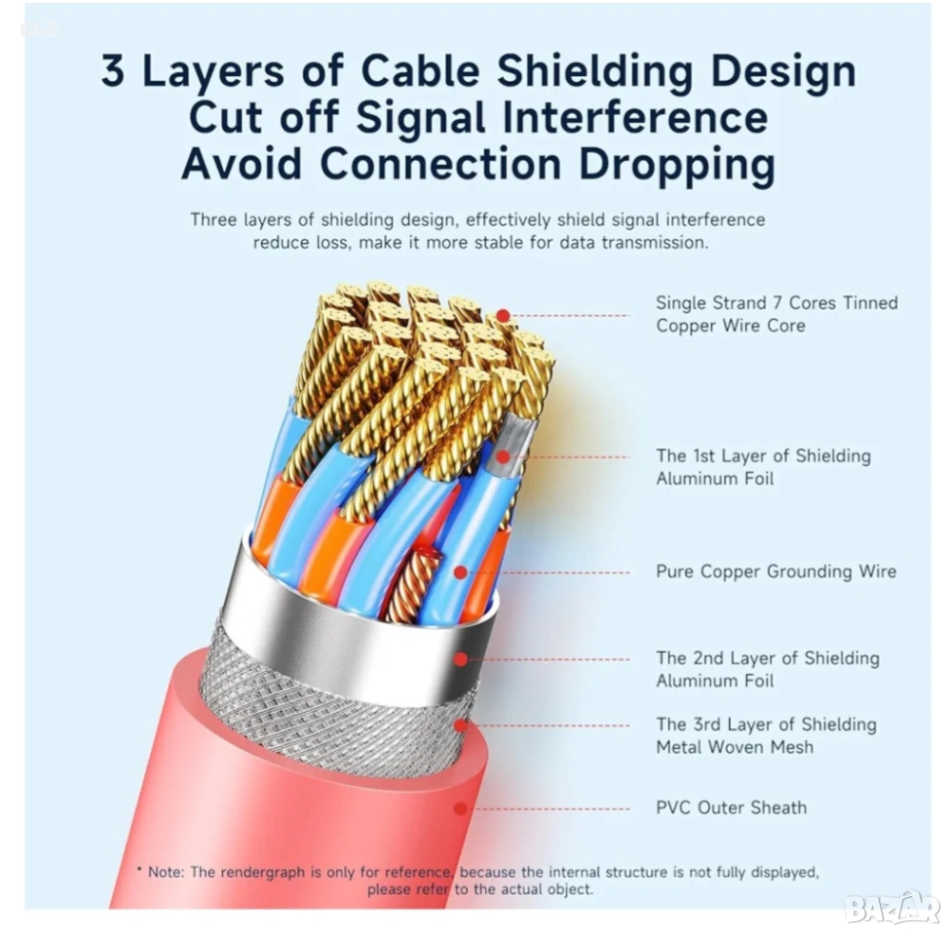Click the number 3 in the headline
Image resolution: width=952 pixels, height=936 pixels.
click(115, 73)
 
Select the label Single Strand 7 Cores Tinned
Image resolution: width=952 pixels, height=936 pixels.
click(777, 303)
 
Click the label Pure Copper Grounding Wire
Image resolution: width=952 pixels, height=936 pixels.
click(776, 571)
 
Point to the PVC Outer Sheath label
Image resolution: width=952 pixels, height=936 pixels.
click(731, 807)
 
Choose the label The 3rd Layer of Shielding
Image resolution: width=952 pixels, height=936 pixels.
click(766, 724)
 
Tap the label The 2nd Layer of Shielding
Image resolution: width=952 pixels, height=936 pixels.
click(767, 658)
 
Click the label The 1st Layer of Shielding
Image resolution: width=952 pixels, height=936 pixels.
click(763, 455)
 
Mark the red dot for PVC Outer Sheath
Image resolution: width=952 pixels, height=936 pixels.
click(460, 808)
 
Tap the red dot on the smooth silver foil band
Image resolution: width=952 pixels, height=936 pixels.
click(460, 659)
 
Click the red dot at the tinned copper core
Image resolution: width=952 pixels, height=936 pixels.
click(503, 316)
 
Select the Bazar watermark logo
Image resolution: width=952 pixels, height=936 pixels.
click(891, 909)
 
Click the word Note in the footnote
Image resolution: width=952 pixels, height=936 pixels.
click(165, 872)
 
